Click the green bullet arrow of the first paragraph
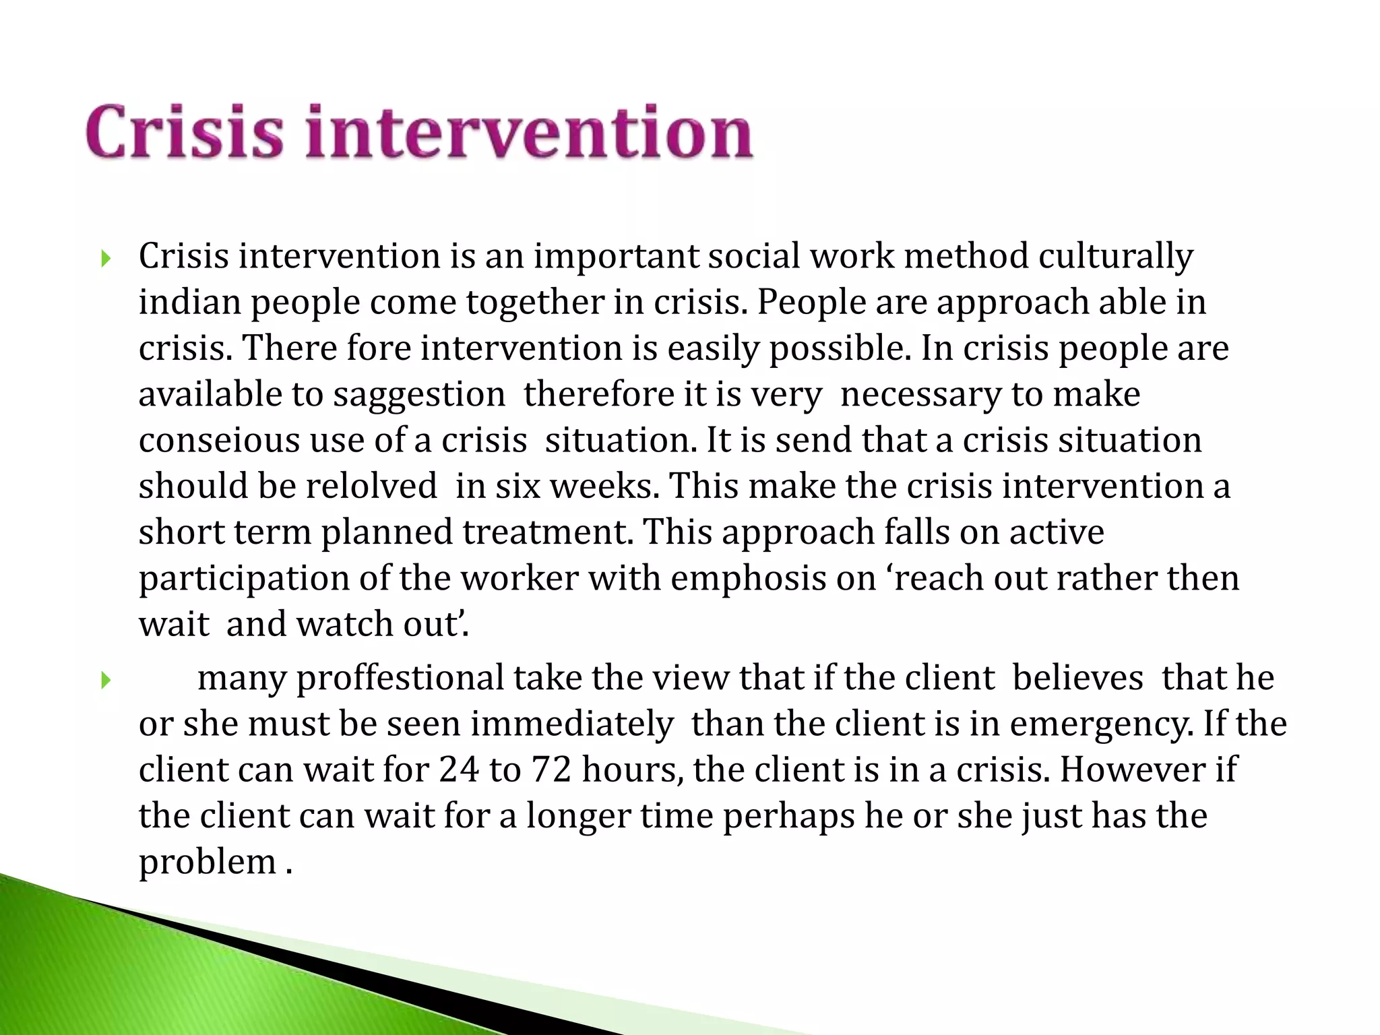104,258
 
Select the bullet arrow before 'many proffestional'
104,681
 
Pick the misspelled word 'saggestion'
419,395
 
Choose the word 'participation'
244,579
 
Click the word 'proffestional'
400,679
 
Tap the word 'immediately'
571,724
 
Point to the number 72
552,770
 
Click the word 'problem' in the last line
207,862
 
